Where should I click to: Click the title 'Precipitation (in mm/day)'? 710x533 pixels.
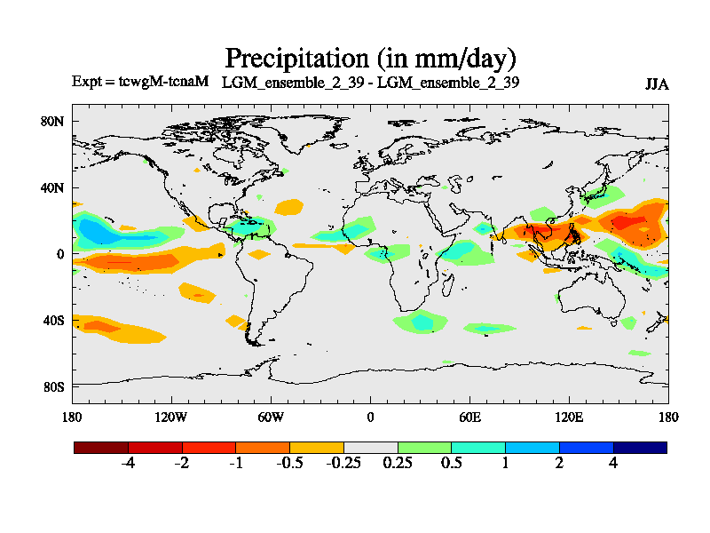point(370,59)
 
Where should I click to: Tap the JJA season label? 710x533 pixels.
point(657,84)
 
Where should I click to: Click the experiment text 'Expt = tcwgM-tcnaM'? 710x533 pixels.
point(139,82)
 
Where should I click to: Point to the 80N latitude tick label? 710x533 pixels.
point(54,121)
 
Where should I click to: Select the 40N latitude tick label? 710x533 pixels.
point(54,187)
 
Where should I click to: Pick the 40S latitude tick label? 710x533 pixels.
point(54,320)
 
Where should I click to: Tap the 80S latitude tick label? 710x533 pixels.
point(54,386)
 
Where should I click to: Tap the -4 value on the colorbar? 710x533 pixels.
point(128,465)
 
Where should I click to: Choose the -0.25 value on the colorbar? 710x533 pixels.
point(343,465)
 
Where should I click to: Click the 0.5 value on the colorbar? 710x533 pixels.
point(452,465)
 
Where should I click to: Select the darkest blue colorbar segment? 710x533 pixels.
point(640,448)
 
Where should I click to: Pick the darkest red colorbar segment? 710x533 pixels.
point(101,448)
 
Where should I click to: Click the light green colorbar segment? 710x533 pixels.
point(424,448)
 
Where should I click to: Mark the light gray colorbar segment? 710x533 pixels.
point(370,448)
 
